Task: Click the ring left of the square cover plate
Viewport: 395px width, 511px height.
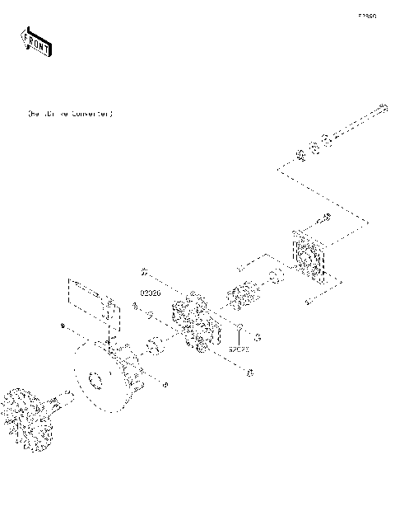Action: (277, 277)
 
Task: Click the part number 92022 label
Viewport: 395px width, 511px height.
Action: (239, 349)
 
